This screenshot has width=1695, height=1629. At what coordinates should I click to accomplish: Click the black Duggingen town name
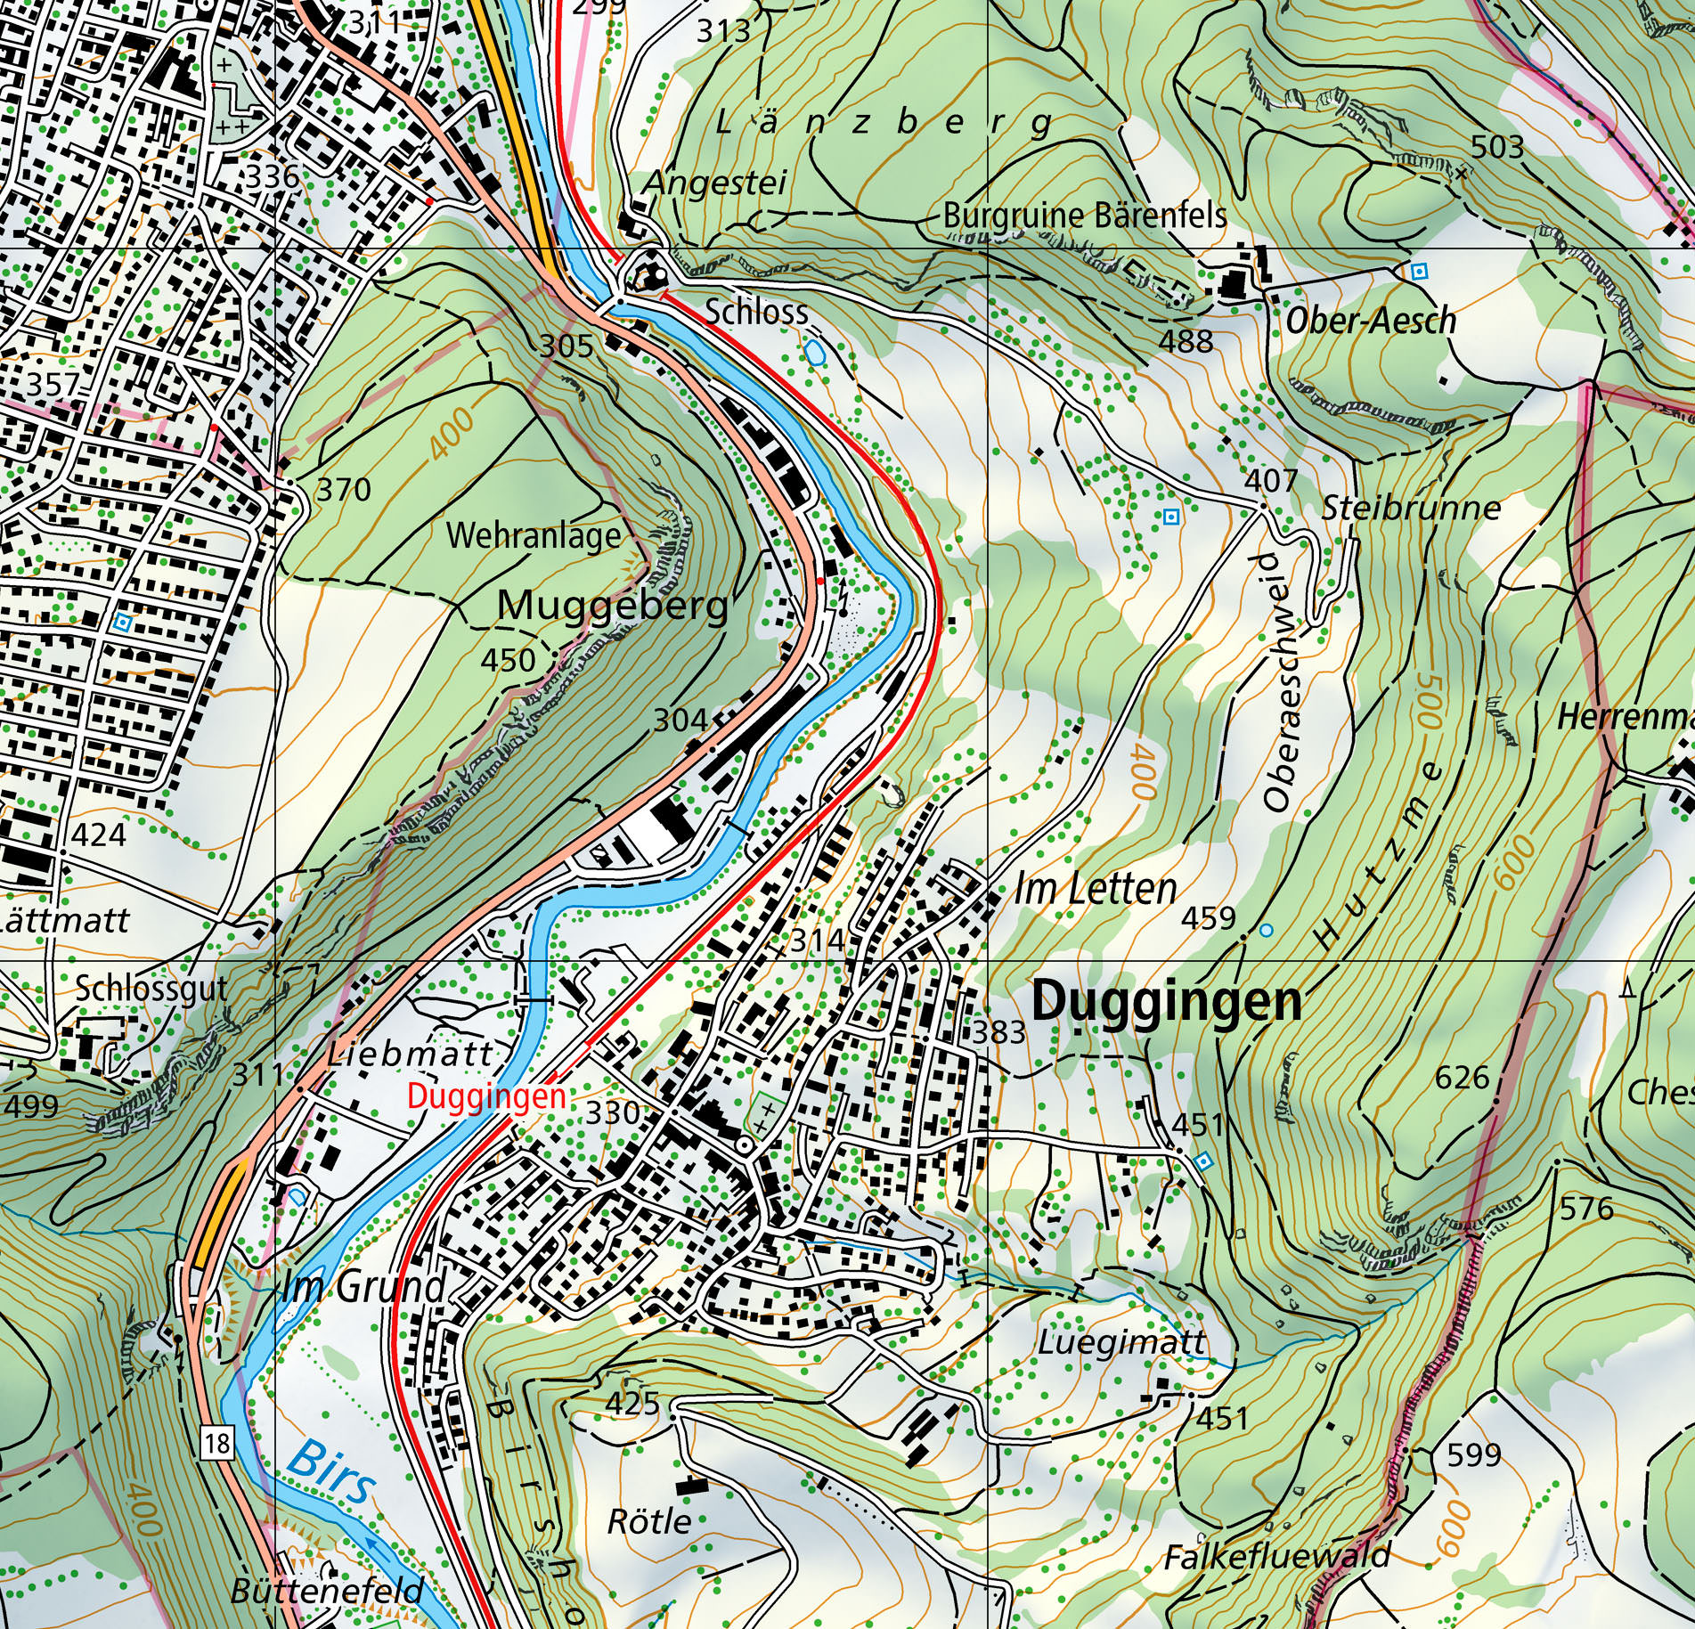click(x=1166, y=1002)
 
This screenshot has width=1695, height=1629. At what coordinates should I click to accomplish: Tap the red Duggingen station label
click(x=486, y=1096)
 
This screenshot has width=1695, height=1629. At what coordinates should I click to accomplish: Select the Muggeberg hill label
click(x=613, y=607)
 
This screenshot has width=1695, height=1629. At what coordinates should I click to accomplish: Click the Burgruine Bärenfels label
click(x=1084, y=216)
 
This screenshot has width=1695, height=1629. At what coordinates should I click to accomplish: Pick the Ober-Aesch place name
click(x=1370, y=320)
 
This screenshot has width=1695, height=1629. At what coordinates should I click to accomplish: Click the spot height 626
click(x=1463, y=1078)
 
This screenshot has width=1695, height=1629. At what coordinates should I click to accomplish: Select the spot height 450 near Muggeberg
click(x=508, y=660)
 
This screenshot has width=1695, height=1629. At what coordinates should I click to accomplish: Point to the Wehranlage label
click(x=534, y=536)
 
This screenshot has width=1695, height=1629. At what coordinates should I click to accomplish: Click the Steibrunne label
click(x=1411, y=509)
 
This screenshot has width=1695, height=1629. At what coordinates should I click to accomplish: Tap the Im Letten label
click(x=1096, y=890)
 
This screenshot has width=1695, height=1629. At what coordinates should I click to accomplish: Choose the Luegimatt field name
click(x=1121, y=1342)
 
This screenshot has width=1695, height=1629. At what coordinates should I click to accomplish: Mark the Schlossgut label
click(x=151, y=990)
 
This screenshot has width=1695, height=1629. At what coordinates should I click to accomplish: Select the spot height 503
click(x=1497, y=146)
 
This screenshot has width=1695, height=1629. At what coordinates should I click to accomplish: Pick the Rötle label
click(x=649, y=1520)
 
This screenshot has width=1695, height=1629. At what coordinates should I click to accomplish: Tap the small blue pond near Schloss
click(x=814, y=354)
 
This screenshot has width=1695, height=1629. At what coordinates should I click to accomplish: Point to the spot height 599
click(x=1474, y=1455)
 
